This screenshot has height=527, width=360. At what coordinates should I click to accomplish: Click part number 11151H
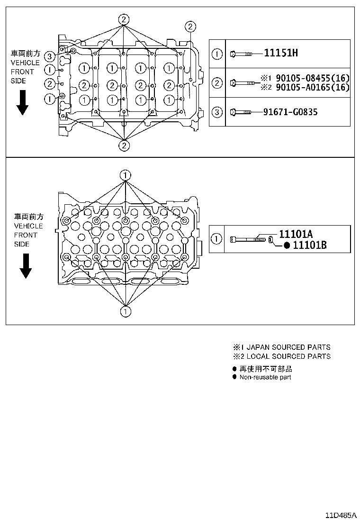(280, 53)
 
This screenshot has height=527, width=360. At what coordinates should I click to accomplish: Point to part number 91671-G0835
(290, 112)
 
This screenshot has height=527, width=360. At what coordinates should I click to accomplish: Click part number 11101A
(296, 234)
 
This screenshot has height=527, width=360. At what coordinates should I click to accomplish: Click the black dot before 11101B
(287, 245)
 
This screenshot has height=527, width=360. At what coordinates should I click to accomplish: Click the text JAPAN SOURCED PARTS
(288, 347)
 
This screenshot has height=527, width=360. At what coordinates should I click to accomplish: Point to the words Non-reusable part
(265, 377)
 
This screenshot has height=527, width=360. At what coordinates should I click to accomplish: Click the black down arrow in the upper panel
(22, 104)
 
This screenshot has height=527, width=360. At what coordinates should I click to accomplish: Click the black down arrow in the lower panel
(25, 266)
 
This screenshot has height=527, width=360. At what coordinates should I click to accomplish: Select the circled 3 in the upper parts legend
(216, 112)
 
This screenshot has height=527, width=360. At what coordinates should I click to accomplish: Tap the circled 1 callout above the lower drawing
(125, 175)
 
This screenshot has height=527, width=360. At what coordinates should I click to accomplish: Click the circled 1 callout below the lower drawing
(125, 311)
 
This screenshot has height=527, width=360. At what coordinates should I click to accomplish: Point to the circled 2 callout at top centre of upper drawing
(123, 19)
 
